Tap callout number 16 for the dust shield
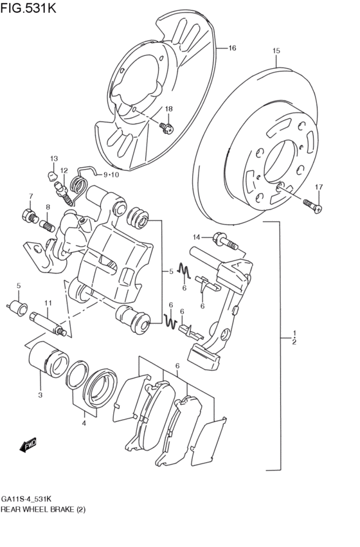tap(232, 48)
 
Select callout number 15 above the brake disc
tap(276, 51)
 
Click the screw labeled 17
tap(312, 206)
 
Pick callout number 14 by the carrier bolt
tap(197, 236)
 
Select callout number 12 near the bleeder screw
tap(64, 171)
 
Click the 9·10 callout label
tap(110, 174)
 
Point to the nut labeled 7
tap(29, 215)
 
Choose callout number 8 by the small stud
tap(48, 207)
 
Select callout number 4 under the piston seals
tap(84, 422)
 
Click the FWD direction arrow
tap(28, 445)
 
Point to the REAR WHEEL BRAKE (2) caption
tap(43, 509)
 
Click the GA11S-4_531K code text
tap(26, 499)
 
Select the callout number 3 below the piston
tap(40, 395)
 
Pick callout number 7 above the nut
tap(30, 196)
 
